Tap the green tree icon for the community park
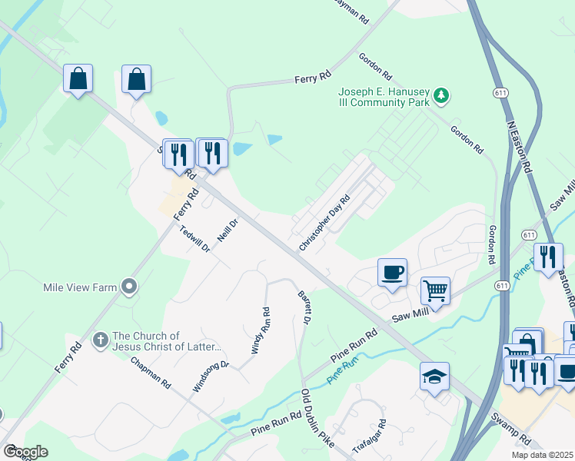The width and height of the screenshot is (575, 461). [440, 96]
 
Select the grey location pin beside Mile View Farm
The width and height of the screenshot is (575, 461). [129, 287]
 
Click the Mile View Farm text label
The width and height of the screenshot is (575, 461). [80, 288]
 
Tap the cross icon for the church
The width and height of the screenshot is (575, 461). [101, 339]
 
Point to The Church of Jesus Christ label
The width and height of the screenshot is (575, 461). [167, 341]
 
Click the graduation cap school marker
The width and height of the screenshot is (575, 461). [434, 376]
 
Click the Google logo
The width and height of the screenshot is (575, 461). [25, 452]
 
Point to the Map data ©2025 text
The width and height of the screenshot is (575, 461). [542, 455]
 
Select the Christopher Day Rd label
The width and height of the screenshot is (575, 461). [324, 223]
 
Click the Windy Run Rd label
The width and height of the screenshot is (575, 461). [261, 331]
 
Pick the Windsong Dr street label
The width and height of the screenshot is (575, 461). [211, 376]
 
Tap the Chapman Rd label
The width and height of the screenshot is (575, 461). [150, 372]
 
